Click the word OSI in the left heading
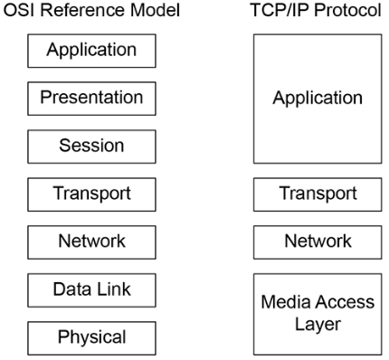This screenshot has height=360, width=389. tap(20, 10)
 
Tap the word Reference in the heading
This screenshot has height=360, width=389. tap(83, 10)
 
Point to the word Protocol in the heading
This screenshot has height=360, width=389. tap(347, 11)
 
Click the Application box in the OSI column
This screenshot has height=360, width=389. tap(91, 51)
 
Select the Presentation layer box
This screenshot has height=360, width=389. tap(91, 99)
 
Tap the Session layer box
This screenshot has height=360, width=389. tap(91, 147)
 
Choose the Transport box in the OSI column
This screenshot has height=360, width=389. tap(91, 194)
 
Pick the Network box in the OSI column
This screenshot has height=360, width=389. tap(91, 242)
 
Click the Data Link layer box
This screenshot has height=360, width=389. tap(91, 290)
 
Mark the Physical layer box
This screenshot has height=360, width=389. tap(91, 338)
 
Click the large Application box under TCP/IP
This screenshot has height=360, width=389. tap(318, 99)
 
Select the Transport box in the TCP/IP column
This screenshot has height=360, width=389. tap(318, 194)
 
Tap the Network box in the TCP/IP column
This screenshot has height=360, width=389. tap(318, 242)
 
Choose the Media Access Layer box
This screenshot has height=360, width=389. tap(318, 314)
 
